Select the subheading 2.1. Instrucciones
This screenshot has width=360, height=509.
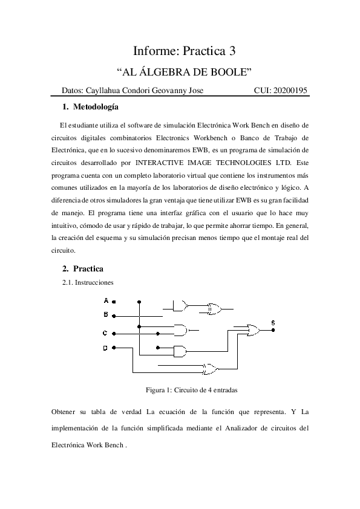(x=88, y=282)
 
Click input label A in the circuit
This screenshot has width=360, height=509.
(x=105, y=300)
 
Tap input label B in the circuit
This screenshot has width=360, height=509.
(x=105, y=314)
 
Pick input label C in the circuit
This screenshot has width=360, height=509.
(x=105, y=333)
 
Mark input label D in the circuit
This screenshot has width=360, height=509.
(x=105, y=348)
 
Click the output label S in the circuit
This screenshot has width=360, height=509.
(x=273, y=323)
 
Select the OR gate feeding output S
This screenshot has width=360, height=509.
(x=250, y=330)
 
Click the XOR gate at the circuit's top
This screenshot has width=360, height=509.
(x=213, y=308)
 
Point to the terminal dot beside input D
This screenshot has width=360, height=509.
(x=114, y=348)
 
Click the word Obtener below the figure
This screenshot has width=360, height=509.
(x=66, y=412)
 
